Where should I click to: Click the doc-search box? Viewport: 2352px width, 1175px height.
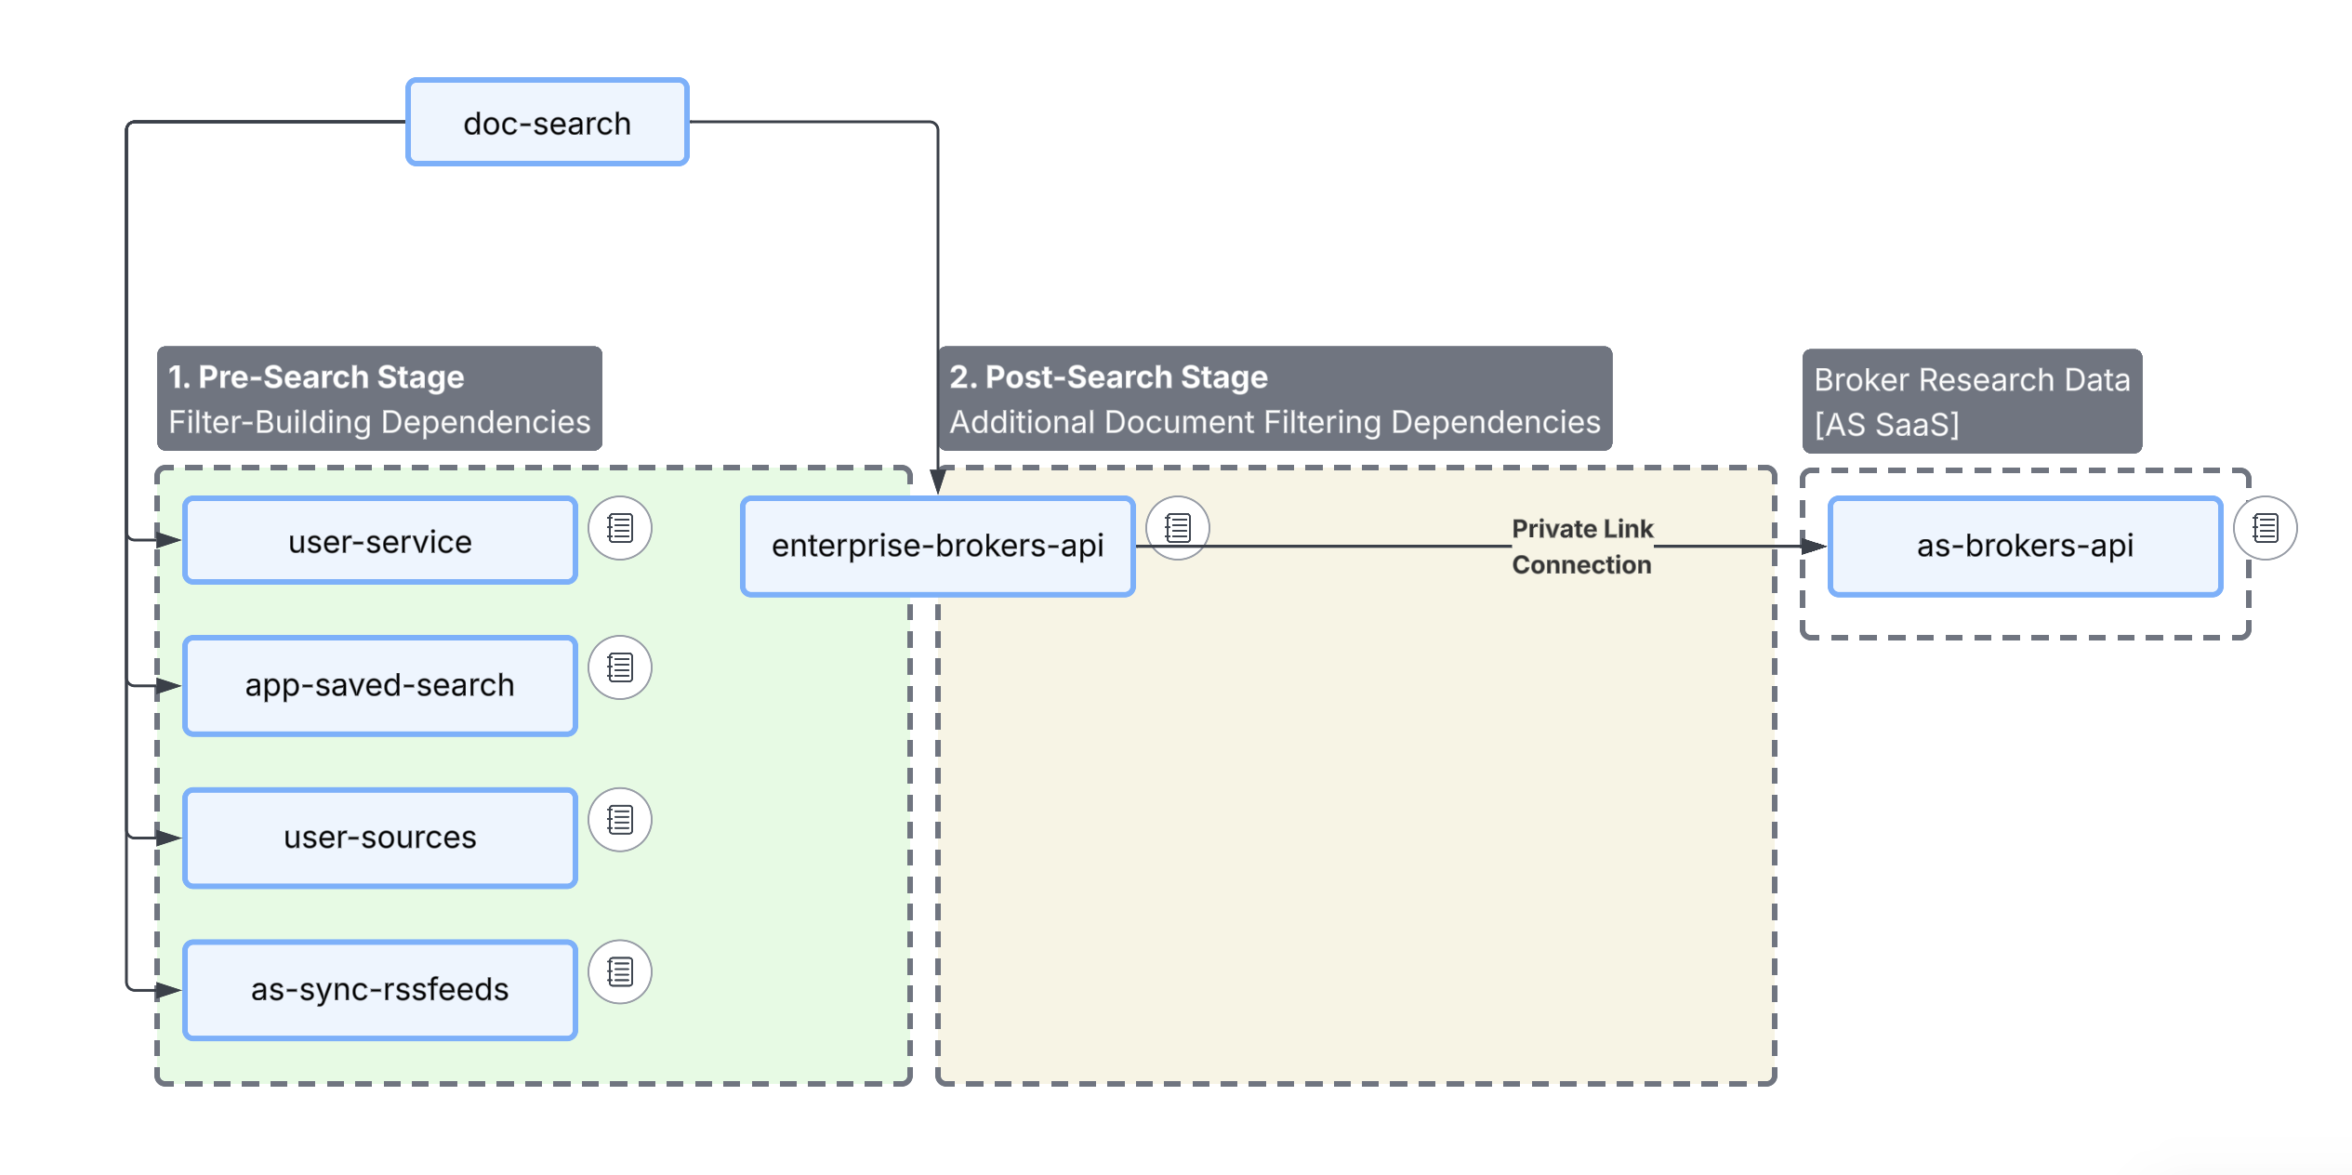coord(547,123)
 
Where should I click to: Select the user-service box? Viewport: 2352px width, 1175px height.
coord(379,541)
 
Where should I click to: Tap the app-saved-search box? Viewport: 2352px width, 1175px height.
coord(379,685)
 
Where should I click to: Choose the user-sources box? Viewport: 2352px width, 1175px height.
coord(379,837)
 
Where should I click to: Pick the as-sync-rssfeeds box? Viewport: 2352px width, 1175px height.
coord(379,989)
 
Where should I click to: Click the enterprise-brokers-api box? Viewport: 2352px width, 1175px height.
coord(937,546)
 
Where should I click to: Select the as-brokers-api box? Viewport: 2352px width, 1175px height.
coord(2025,546)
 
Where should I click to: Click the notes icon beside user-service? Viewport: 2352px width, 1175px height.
coord(620,528)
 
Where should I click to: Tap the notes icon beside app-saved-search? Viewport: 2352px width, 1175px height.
coord(620,667)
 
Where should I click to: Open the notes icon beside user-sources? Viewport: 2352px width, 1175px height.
coord(620,820)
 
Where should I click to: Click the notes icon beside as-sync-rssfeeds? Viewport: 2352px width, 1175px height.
coord(620,972)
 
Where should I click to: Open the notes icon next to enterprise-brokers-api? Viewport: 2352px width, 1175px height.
coord(1178,528)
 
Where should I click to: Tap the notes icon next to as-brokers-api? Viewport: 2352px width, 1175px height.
coord(2266,528)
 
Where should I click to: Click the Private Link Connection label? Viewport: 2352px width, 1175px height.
coord(1582,547)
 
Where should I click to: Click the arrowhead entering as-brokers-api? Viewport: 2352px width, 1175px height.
coord(1814,547)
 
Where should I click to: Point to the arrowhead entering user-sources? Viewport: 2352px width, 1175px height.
coord(168,838)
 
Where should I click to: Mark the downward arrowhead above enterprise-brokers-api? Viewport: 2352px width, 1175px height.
coord(938,482)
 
